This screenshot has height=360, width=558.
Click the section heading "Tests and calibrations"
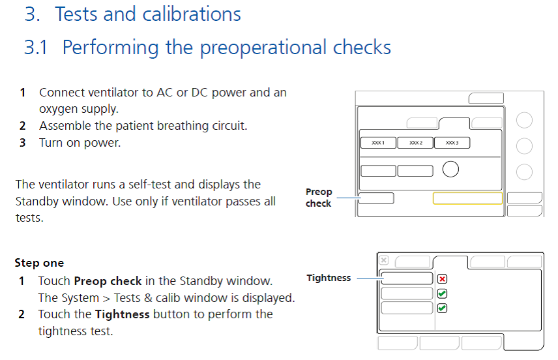click(x=147, y=14)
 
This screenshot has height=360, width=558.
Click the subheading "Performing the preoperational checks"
click(x=226, y=48)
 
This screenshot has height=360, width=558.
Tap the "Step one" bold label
click(x=39, y=263)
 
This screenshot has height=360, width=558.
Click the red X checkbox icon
click(x=443, y=279)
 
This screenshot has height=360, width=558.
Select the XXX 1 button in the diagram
click(x=378, y=143)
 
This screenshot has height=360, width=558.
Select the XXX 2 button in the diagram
click(x=415, y=143)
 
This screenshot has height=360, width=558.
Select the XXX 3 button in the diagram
click(x=452, y=143)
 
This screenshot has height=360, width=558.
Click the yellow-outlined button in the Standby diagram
click(x=467, y=198)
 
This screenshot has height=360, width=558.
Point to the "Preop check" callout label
click(x=319, y=198)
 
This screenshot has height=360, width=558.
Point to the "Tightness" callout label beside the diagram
click(x=329, y=278)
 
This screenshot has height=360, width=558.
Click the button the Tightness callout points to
click(x=407, y=278)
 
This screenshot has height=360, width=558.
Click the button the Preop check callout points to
click(x=376, y=198)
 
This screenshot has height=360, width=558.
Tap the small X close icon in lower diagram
click(x=384, y=260)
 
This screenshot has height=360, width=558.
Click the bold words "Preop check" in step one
click(x=108, y=281)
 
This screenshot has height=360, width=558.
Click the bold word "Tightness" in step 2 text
click(x=122, y=314)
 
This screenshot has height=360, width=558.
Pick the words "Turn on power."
click(x=80, y=142)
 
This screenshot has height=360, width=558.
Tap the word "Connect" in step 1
click(x=59, y=93)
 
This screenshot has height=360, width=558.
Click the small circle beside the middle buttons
click(x=450, y=170)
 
